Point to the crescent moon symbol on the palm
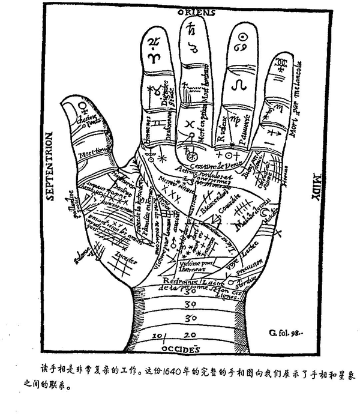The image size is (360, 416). click(x=266, y=214)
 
